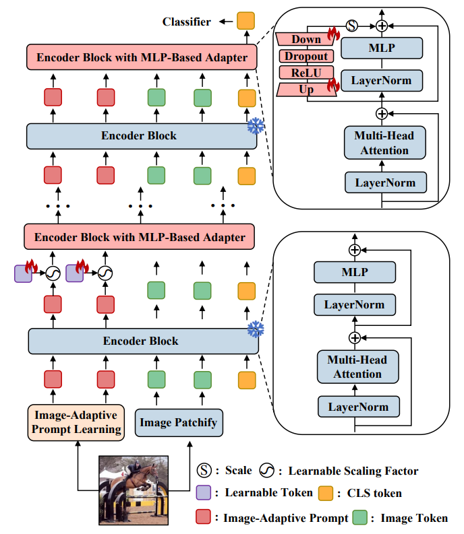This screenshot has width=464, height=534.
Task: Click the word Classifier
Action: pyautogui.click(x=186, y=22)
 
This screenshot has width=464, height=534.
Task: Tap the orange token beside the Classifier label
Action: pyautogui.click(x=246, y=22)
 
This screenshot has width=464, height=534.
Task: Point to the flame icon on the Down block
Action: pyautogui.click(x=332, y=34)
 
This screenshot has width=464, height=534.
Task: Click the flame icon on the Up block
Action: pyautogui.click(x=332, y=84)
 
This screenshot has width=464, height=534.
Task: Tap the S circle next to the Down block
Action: pyautogui.click(x=351, y=26)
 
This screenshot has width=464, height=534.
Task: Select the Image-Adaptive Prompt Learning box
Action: pyautogui.click(x=77, y=422)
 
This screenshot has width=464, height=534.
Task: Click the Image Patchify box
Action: pyautogui.click(x=179, y=423)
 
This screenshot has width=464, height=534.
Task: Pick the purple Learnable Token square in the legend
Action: pyautogui.click(x=203, y=493)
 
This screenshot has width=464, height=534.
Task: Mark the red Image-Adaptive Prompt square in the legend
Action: pyautogui.click(x=203, y=517)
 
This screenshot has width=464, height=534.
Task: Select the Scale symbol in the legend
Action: pyautogui.click(x=203, y=471)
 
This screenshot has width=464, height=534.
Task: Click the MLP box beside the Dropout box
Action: pyautogui.click(x=382, y=48)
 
